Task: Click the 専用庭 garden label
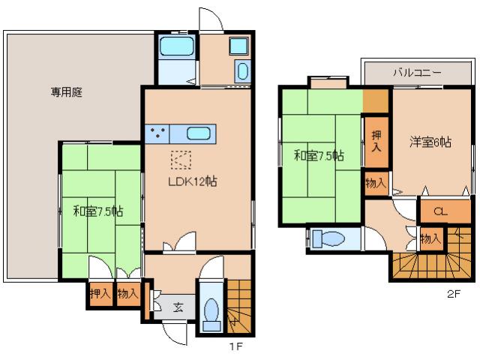[x=67, y=93]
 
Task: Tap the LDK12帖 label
[x=192, y=181]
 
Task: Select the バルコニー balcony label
[x=418, y=73]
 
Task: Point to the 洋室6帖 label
[x=430, y=141]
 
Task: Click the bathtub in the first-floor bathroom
[x=177, y=49]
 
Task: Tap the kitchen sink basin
[x=198, y=133]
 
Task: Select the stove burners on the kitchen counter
[x=157, y=133]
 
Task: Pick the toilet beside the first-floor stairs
[x=211, y=310]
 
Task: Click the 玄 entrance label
[x=178, y=307]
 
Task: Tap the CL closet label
[x=440, y=212]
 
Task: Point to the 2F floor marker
[x=452, y=295]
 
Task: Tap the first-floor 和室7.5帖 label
[x=98, y=211]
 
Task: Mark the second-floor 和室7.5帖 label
[x=319, y=156]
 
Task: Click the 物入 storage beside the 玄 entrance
[x=127, y=292]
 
